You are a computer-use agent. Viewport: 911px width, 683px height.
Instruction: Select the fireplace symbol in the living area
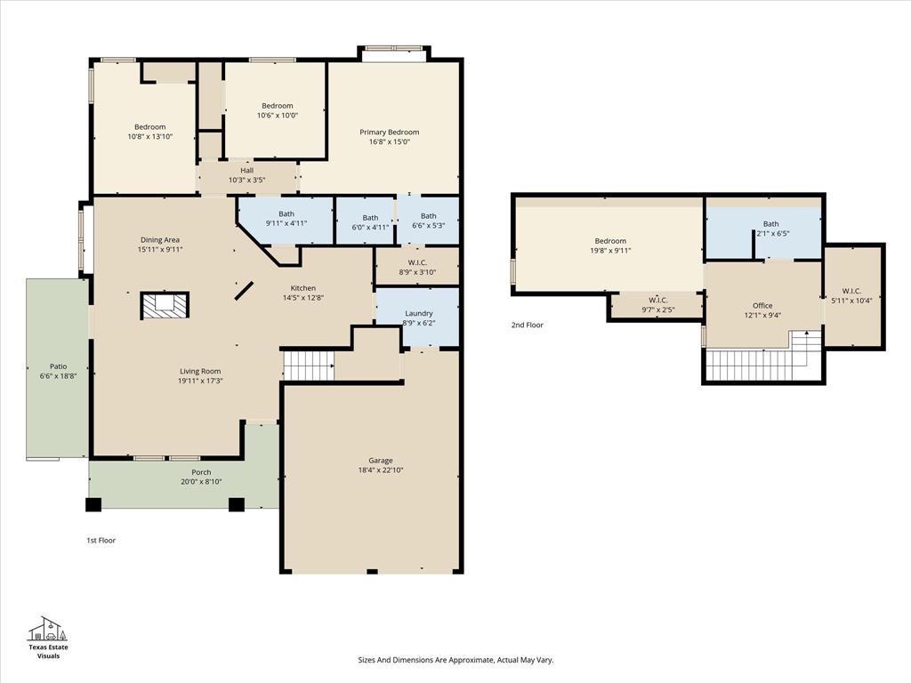(x=165, y=305)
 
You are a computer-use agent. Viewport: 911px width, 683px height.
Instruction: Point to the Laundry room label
(x=418, y=313)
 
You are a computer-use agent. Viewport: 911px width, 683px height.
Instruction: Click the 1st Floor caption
(x=101, y=541)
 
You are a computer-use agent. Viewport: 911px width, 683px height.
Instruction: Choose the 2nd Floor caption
(x=527, y=325)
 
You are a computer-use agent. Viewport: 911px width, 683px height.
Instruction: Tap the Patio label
(x=58, y=366)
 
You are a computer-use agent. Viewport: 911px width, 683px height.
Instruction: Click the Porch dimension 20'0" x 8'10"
(x=201, y=482)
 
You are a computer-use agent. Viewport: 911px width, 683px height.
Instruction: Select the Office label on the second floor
(x=762, y=306)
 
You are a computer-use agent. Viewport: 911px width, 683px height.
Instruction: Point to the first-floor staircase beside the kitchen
(x=308, y=365)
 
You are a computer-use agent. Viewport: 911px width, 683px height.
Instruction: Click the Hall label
(x=246, y=170)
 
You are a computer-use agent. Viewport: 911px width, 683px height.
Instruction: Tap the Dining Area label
(x=160, y=240)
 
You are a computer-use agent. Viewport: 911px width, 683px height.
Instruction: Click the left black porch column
(x=93, y=504)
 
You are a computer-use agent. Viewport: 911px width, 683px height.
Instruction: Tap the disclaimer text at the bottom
(x=455, y=660)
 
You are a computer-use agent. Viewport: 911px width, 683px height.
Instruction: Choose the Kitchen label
(x=302, y=288)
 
